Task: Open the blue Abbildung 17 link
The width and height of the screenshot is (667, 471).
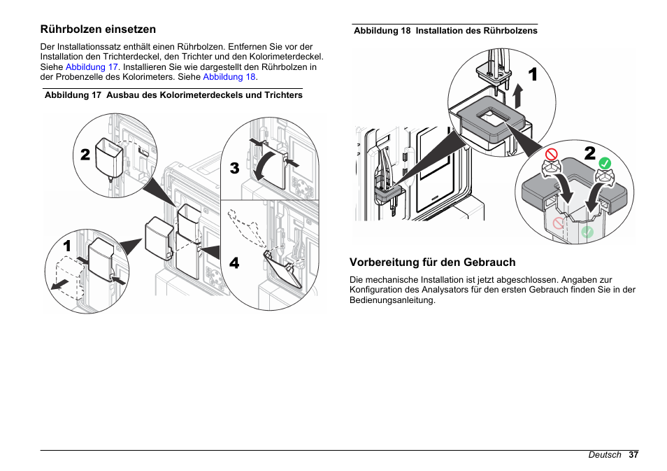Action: coord(92,67)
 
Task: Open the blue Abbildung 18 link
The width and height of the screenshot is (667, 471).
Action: coord(229,77)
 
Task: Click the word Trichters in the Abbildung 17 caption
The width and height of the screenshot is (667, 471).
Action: coord(281,95)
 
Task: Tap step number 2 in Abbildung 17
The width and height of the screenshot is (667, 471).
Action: coord(85,155)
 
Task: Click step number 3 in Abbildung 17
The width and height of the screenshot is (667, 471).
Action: coord(234,168)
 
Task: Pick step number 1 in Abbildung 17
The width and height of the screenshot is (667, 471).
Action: coord(67,246)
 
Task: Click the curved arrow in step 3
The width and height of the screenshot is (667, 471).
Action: coord(266,167)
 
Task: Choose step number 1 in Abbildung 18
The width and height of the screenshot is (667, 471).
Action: coord(533,74)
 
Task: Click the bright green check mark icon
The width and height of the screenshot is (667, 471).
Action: coord(605,163)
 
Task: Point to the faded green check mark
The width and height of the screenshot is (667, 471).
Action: coord(587,231)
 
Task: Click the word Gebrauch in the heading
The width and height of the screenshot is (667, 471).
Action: coord(483,262)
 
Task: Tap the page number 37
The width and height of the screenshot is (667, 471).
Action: coord(633,455)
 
